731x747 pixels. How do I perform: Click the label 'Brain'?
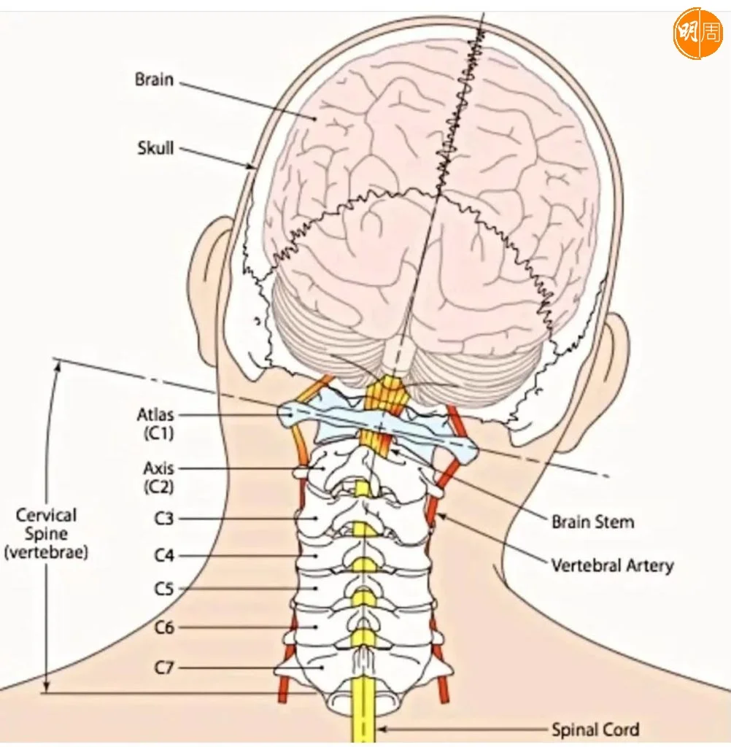coord(154,79)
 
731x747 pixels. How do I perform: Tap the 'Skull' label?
coord(156,148)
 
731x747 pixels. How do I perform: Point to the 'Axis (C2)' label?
coord(158,477)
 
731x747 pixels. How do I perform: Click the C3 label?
coord(163,519)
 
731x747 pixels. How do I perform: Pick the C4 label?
coord(164,556)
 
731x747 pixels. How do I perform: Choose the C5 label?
coord(164,588)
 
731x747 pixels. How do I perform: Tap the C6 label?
coord(164,627)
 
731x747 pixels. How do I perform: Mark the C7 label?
coord(164,667)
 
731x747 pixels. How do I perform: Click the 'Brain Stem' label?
coord(592,522)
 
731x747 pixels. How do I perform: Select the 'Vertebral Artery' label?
coord(612,565)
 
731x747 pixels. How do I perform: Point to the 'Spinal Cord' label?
coord(595,729)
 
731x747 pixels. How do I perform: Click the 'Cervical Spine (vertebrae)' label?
coord(47,534)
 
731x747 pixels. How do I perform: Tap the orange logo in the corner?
coord(697,34)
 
